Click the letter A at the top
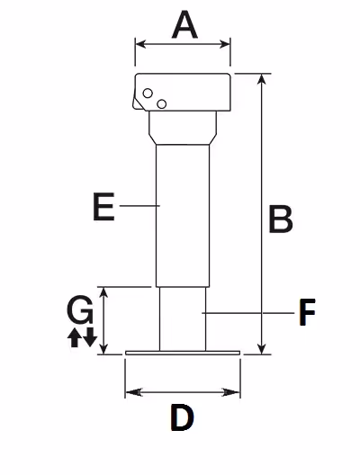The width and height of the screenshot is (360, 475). (184, 24)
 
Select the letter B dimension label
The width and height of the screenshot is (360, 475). (281, 220)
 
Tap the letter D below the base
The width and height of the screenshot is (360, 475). (182, 417)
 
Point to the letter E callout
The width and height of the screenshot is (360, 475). (103, 206)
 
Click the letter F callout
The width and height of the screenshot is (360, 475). (307, 312)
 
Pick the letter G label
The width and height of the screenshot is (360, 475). (80, 309)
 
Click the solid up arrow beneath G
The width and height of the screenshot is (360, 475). (74, 337)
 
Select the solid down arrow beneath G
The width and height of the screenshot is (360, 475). (90, 336)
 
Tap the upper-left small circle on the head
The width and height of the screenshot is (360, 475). (148, 94)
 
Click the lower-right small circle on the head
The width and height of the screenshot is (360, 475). (161, 104)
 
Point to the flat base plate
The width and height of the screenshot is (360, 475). (183, 353)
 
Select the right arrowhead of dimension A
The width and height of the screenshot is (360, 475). (224, 44)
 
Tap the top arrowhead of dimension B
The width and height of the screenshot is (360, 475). (262, 79)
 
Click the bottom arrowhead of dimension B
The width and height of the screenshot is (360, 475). (262, 348)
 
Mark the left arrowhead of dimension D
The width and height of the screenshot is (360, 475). (133, 392)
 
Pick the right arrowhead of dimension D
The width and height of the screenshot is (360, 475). (231, 392)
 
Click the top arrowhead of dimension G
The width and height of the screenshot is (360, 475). (103, 292)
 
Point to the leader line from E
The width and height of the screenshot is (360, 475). (139, 206)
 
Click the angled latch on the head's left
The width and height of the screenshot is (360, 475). (137, 102)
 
